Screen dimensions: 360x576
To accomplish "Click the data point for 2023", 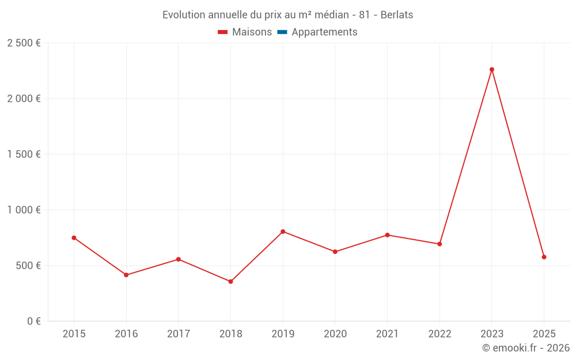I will pos(492,70).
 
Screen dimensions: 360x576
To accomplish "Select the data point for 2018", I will pos(230,282).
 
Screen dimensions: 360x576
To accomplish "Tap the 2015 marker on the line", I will pos(74,238).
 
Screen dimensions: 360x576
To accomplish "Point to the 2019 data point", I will pos(283,232).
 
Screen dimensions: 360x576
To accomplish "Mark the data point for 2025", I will pos(544,257).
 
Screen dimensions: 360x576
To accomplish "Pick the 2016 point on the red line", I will pos(126,275).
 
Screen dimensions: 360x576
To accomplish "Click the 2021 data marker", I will pos(387,235).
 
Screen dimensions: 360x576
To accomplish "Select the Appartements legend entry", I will pos(324,32).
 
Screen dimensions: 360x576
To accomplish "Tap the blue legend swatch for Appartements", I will pos(282,32).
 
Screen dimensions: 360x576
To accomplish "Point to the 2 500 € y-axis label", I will pos(24,43).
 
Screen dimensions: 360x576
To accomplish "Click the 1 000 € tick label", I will pos(24,210).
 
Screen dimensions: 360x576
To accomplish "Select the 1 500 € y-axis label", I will pos(24,154).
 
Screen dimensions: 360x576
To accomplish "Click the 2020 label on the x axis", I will pos(335,334).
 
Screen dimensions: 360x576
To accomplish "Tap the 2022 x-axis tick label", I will pos(439,334).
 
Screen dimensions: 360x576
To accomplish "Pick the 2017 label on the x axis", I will pos(178,334).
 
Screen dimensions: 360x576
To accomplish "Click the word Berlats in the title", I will pos(397,15).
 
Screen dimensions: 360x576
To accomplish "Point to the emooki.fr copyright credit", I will pos(526,348).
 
